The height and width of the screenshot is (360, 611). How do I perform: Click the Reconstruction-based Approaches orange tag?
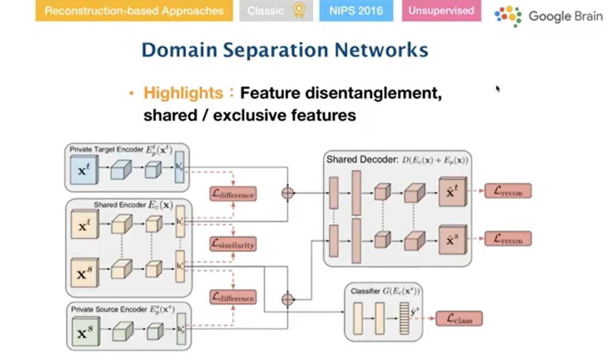(x=134, y=10)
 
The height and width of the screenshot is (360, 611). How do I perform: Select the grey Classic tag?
(x=276, y=10)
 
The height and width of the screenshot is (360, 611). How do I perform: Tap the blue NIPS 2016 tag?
(x=356, y=10)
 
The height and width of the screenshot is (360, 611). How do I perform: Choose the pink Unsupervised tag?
(x=441, y=10)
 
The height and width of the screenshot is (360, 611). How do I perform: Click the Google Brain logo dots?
(x=508, y=16)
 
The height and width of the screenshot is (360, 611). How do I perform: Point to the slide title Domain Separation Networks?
(x=285, y=50)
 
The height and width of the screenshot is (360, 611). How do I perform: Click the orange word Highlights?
(x=183, y=93)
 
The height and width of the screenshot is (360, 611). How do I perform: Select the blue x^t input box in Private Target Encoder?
(x=83, y=170)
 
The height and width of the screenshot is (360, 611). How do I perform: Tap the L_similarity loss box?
(x=233, y=244)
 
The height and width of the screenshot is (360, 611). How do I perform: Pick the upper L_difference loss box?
(x=233, y=194)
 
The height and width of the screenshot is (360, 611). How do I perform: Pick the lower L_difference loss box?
(x=233, y=297)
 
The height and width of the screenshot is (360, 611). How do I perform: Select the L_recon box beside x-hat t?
(x=508, y=191)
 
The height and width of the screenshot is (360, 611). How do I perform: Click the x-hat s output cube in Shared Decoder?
(x=452, y=239)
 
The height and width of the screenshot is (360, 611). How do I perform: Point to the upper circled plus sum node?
(x=287, y=193)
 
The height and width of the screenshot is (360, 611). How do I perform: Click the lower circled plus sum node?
(x=287, y=299)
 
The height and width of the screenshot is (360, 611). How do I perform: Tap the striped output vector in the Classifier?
(x=404, y=319)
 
